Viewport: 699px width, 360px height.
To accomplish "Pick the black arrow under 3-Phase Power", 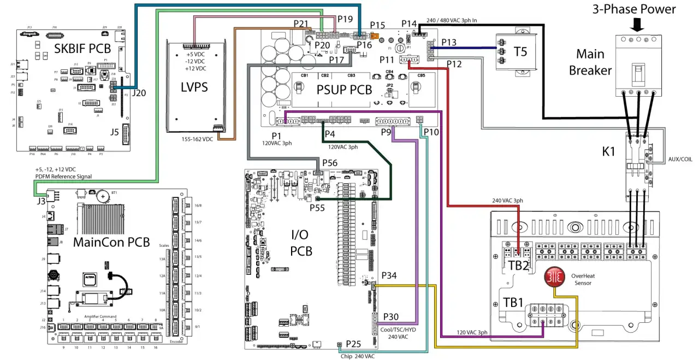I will coord(637,25).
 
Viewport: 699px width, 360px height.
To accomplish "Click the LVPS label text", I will coord(194,87).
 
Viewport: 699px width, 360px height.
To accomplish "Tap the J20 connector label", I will coord(139,93).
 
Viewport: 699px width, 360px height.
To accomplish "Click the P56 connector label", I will coord(330,163).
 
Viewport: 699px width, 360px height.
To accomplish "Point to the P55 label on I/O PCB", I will coord(317,208).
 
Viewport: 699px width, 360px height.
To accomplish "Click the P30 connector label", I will coord(391,317).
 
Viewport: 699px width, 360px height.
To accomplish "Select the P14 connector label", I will coord(409,23).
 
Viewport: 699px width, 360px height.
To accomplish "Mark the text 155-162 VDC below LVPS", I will coord(200,139).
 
